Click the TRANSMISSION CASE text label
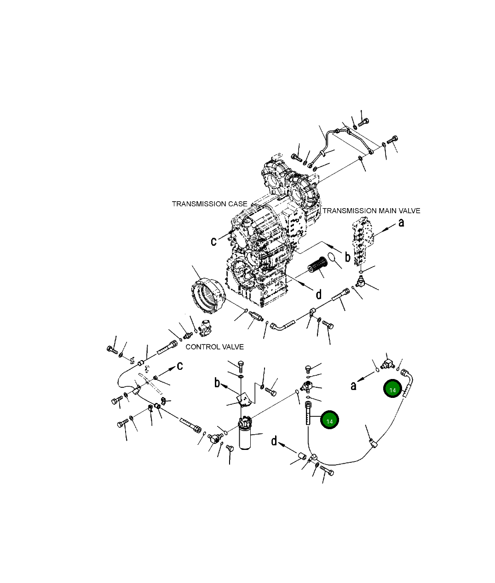(209, 204)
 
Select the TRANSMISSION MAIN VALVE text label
(371, 211)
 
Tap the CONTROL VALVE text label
(214, 346)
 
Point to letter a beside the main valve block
(401, 222)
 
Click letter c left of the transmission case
(213, 241)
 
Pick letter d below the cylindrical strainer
(318, 294)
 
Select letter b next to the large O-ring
(348, 257)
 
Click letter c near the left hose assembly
(180, 366)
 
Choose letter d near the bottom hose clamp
(274, 441)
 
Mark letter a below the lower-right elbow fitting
(353, 385)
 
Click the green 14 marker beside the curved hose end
(392, 390)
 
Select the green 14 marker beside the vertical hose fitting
(329, 421)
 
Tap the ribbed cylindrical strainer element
(317, 267)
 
